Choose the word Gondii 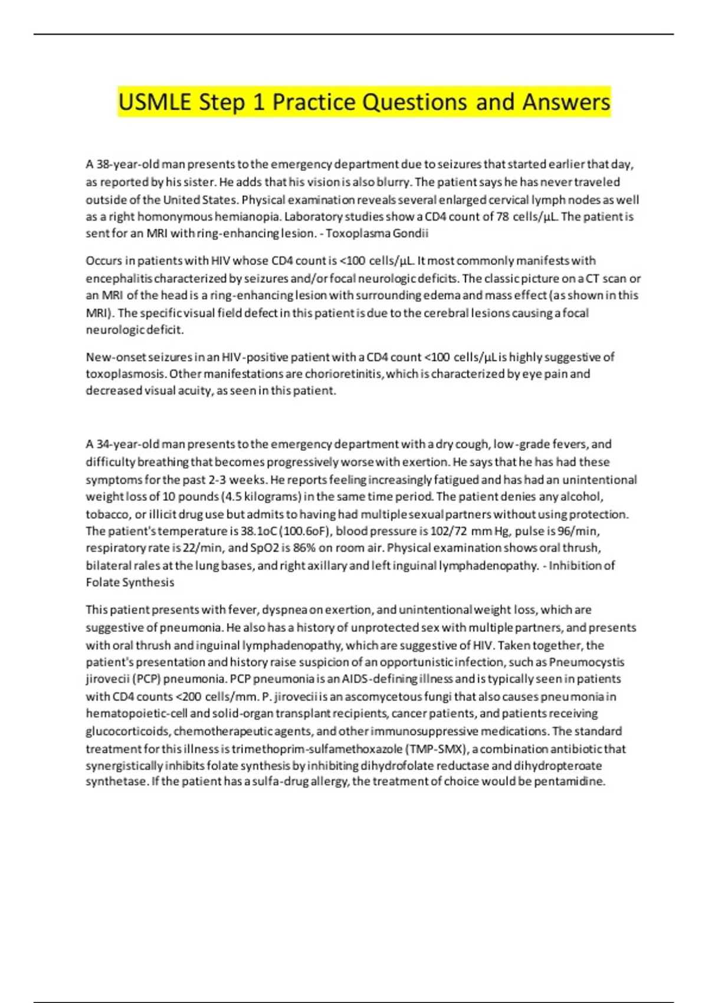click(x=411, y=233)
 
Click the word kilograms click(x=273, y=497)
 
